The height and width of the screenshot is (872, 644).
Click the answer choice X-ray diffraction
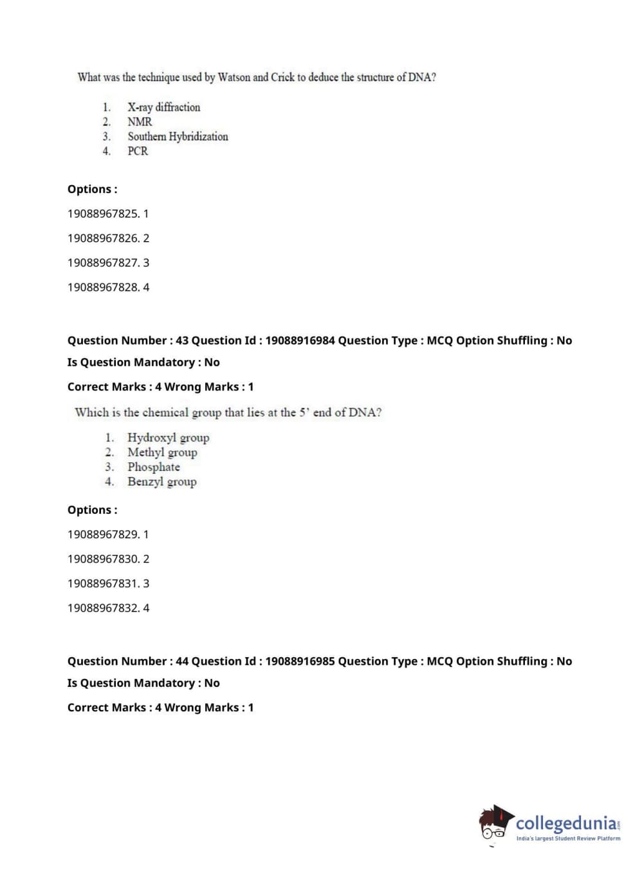pos(163,107)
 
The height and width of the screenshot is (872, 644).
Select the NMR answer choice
pos(140,122)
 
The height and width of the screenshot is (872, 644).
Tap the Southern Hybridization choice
pos(178,136)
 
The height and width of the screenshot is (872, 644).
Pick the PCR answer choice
pos(138,151)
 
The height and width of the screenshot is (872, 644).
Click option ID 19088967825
pos(107,213)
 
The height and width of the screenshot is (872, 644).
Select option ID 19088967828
pos(108,287)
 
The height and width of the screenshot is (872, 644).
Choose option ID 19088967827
pos(108,263)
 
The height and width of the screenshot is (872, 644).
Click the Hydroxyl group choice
pos(168,438)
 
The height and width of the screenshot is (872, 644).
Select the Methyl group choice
pos(162,453)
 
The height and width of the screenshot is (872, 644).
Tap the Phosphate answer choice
pos(153,468)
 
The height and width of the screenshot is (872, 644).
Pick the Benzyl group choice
pos(161,482)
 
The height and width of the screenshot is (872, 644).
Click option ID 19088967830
pos(108,559)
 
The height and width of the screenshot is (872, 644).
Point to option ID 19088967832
pos(108,608)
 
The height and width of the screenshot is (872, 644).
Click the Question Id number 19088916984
pos(300,341)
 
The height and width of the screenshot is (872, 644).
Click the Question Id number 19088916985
pos(300,662)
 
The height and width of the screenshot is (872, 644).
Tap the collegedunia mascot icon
pos(495,824)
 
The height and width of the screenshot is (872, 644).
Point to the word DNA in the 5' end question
pos(363,413)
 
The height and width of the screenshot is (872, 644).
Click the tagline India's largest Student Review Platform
pos(568,839)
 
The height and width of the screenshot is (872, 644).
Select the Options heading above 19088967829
pos(92,511)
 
